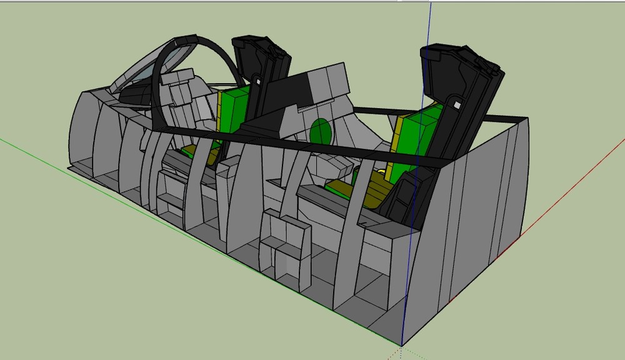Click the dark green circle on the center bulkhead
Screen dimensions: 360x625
tap(320, 132)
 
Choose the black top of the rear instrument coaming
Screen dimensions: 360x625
tap(300, 87)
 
